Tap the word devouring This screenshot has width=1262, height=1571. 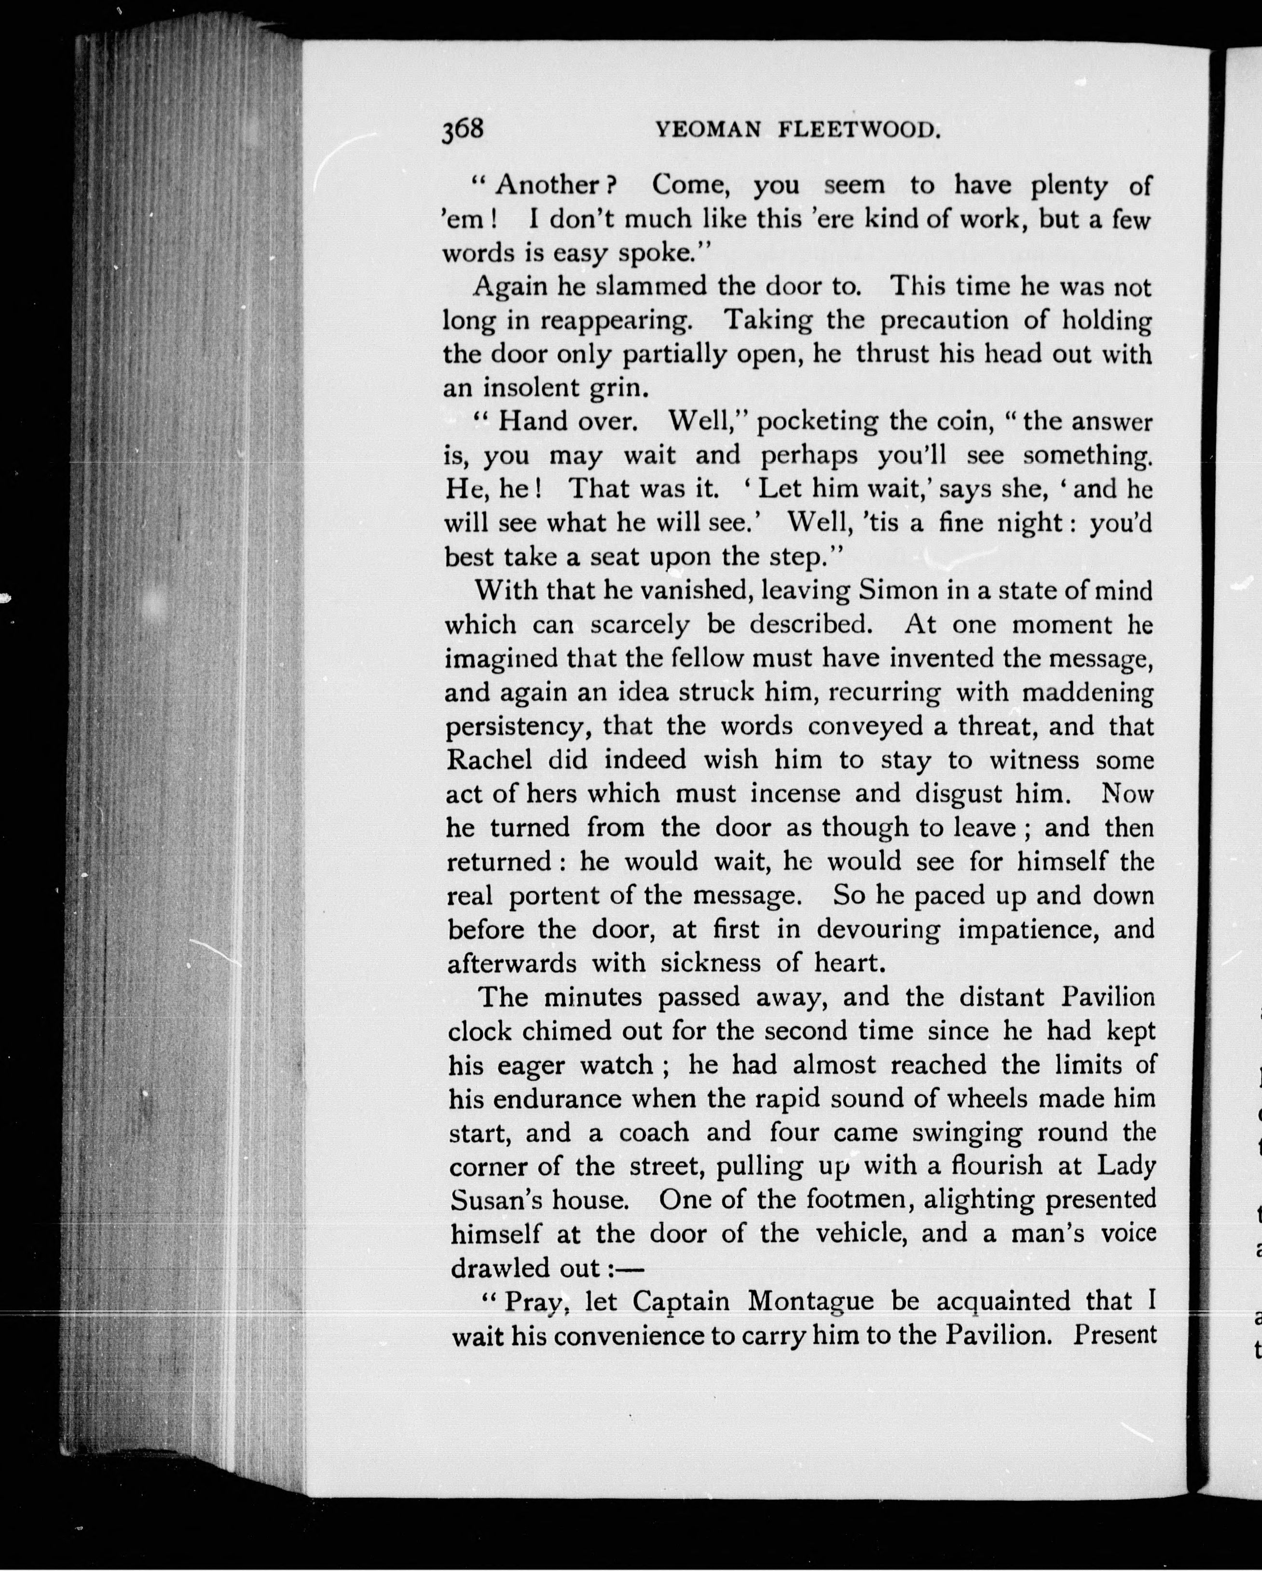878,930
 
